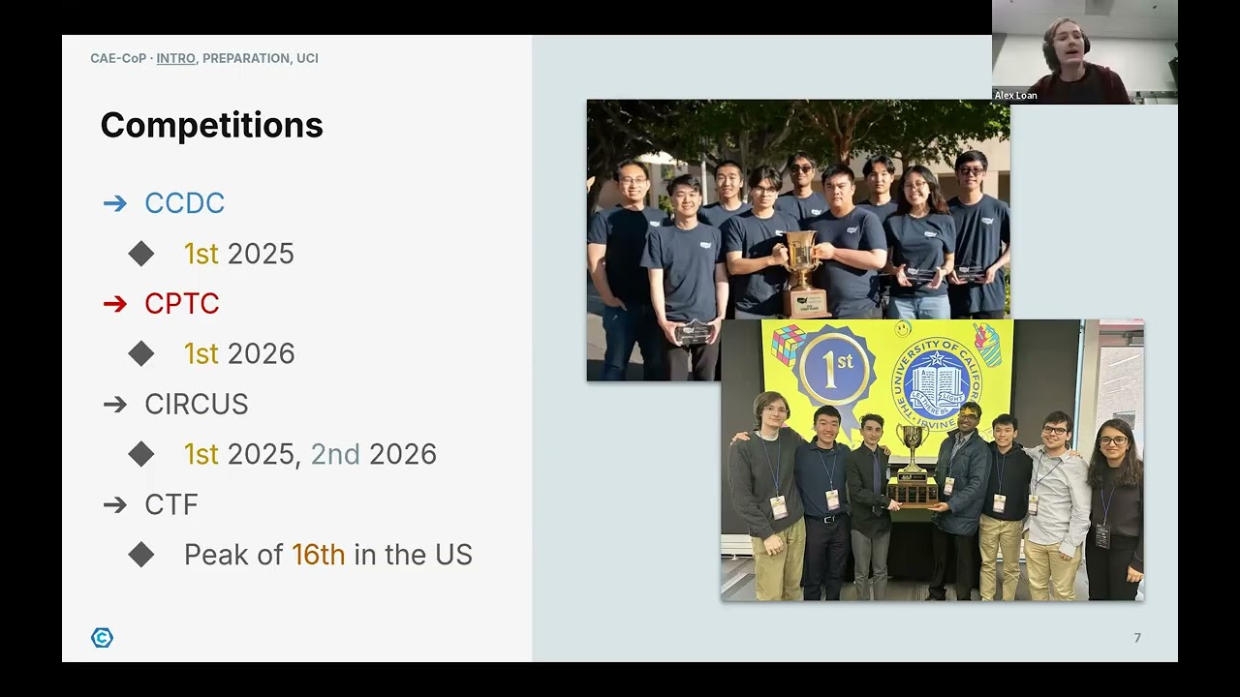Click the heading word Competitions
pos(211,126)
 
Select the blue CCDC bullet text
pos(184,203)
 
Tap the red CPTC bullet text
pos(181,304)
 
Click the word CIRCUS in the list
pos(196,405)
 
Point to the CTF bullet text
pos(170,505)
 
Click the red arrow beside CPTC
pos(115,304)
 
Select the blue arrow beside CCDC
pos(115,203)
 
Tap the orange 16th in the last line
pos(318,556)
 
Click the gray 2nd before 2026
pos(335,455)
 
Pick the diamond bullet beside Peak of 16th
pos(141,555)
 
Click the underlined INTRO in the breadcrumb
pos(175,59)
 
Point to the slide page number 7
pos(1137,638)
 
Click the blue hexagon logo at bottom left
pos(102,637)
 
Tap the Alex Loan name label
pos(1015,96)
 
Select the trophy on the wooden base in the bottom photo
pos(912,467)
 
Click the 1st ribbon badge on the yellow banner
pos(834,365)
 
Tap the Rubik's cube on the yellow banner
pos(788,344)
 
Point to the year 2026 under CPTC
pos(261,354)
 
